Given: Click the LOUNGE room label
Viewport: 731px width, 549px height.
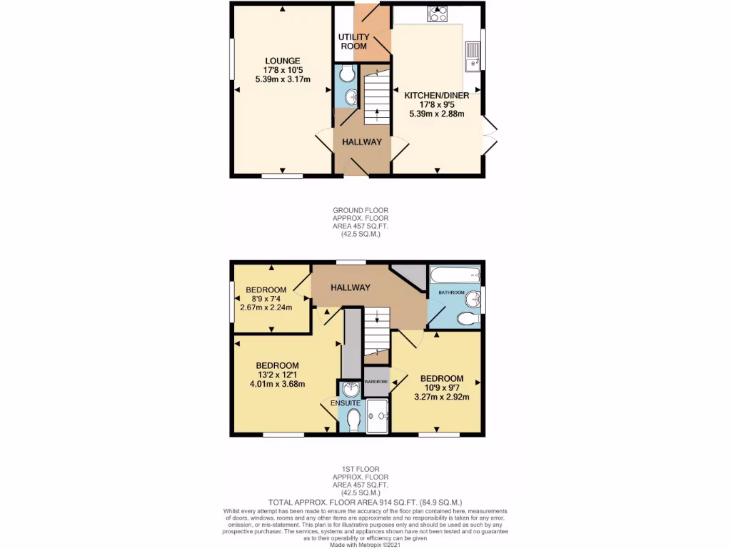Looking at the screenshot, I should click(x=282, y=61).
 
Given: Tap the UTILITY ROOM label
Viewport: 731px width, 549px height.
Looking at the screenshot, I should click(x=353, y=41).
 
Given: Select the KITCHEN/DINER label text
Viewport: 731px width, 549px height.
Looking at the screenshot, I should click(x=436, y=95).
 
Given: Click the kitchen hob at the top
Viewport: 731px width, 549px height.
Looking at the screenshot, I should click(x=437, y=14).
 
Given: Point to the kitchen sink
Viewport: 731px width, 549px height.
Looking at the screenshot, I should click(x=472, y=56).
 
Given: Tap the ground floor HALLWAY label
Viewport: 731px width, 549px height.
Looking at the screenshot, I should click(x=362, y=142).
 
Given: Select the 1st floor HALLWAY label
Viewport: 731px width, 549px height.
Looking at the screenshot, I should click(x=350, y=287).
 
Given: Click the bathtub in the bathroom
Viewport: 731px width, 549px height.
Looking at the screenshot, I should click(x=454, y=275).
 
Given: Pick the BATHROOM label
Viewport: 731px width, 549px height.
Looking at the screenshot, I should click(x=451, y=293).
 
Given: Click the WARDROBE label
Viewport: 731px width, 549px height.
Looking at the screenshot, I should click(x=376, y=382).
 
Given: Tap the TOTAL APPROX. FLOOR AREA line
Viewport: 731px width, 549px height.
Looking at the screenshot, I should click(x=365, y=503).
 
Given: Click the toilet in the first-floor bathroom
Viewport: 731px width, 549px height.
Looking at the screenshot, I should click(x=468, y=318).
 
